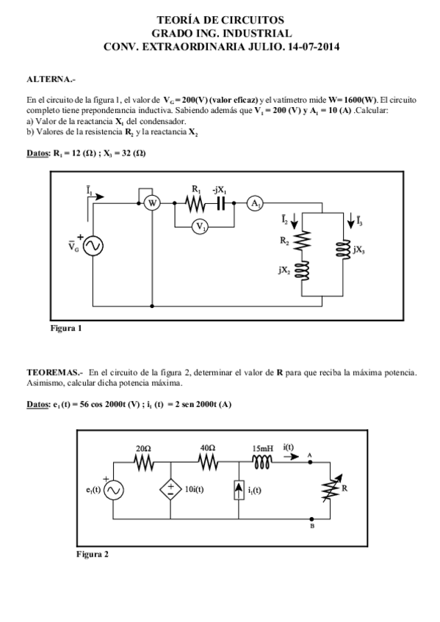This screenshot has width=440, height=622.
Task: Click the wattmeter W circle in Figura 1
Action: tap(151, 205)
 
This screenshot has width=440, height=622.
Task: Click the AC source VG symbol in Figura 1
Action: tap(93, 246)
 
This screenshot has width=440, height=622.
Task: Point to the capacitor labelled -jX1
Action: tap(220, 205)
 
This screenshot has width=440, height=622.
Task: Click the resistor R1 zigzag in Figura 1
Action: tap(196, 205)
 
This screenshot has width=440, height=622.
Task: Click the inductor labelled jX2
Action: tap(303, 271)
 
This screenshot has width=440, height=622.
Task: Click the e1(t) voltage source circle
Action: tap(115, 491)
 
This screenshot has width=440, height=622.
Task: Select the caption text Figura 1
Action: tap(65, 328)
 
